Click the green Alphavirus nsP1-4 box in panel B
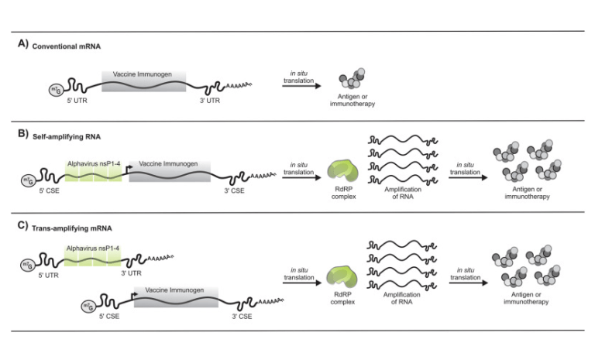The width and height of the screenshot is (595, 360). (x=92, y=177)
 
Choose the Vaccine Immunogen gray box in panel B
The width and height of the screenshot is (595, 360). (x=168, y=177)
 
